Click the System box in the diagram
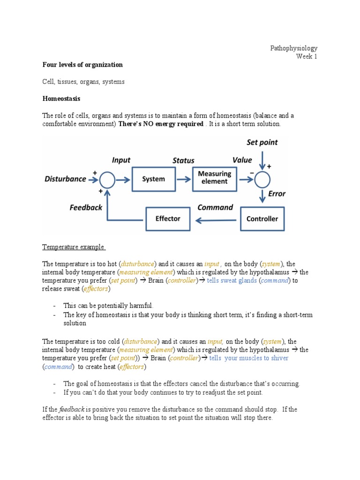coord(154,179)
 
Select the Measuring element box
coord(215,178)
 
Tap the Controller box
coord(262,218)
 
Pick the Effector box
coord(167,218)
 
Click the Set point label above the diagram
coord(262,142)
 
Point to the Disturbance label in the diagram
coord(65,179)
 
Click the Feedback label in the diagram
coord(86,207)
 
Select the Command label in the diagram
coord(215,207)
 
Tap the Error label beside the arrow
coord(277,194)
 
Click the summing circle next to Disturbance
coord(107,179)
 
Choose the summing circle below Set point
coord(262,179)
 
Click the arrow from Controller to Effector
coord(215,219)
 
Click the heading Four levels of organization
coord(82,65)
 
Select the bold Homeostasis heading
coord(61,98)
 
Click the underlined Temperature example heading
coord(74,247)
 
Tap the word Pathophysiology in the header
coord(294,48)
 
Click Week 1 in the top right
coord(307,57)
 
